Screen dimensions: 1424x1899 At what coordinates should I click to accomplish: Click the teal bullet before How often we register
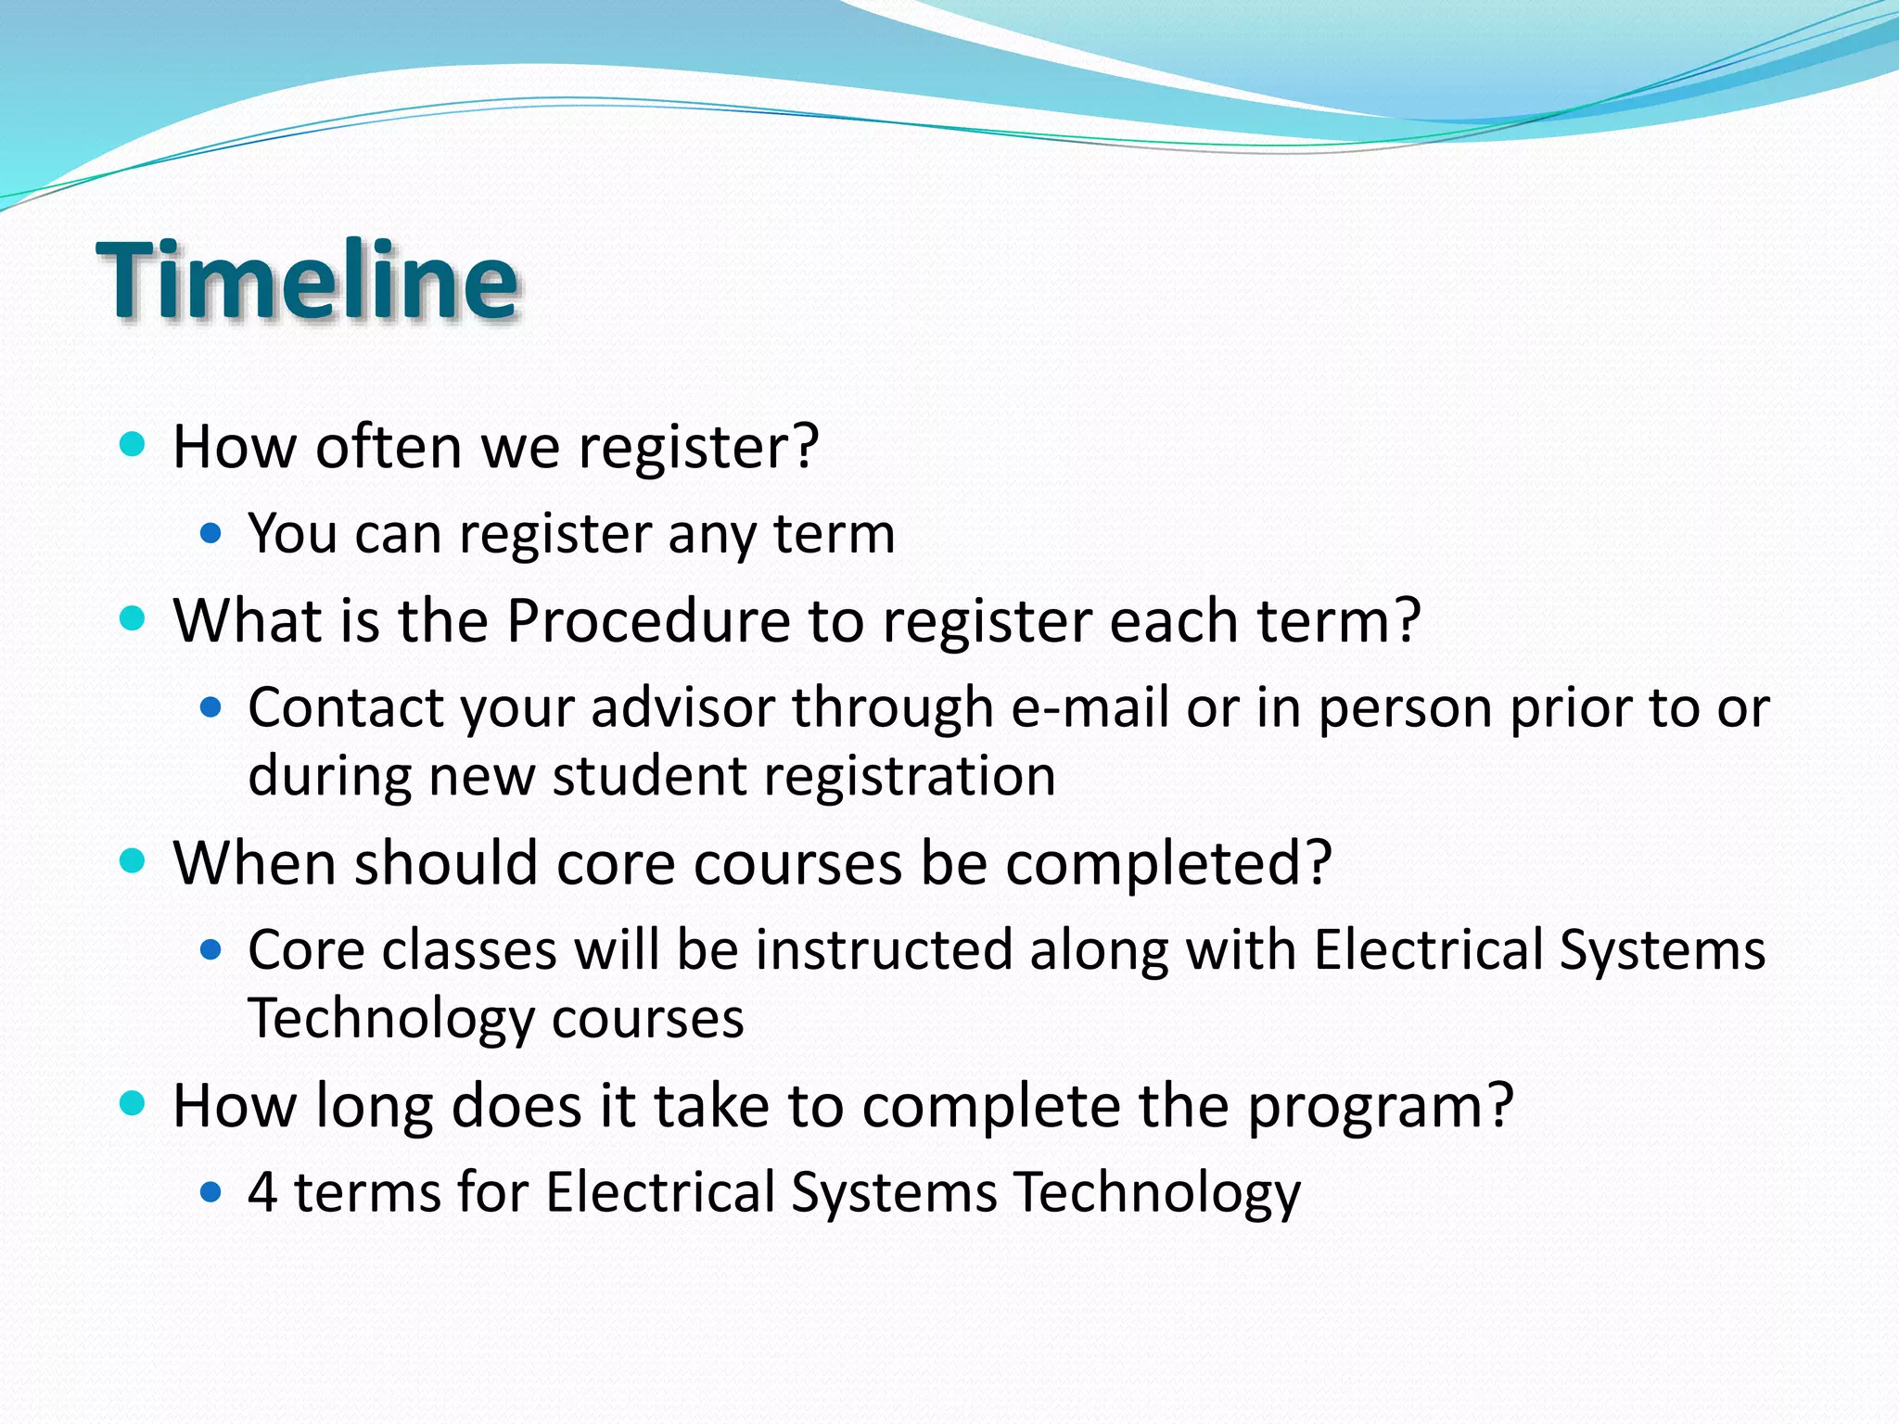point(134,444)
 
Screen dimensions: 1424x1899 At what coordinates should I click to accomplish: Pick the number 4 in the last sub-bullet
point(262,1192)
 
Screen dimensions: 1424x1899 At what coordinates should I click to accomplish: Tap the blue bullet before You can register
point(211,533)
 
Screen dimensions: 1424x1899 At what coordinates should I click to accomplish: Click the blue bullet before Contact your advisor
point(211,708)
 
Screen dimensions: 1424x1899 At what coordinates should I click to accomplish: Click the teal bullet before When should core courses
point(134,861)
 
